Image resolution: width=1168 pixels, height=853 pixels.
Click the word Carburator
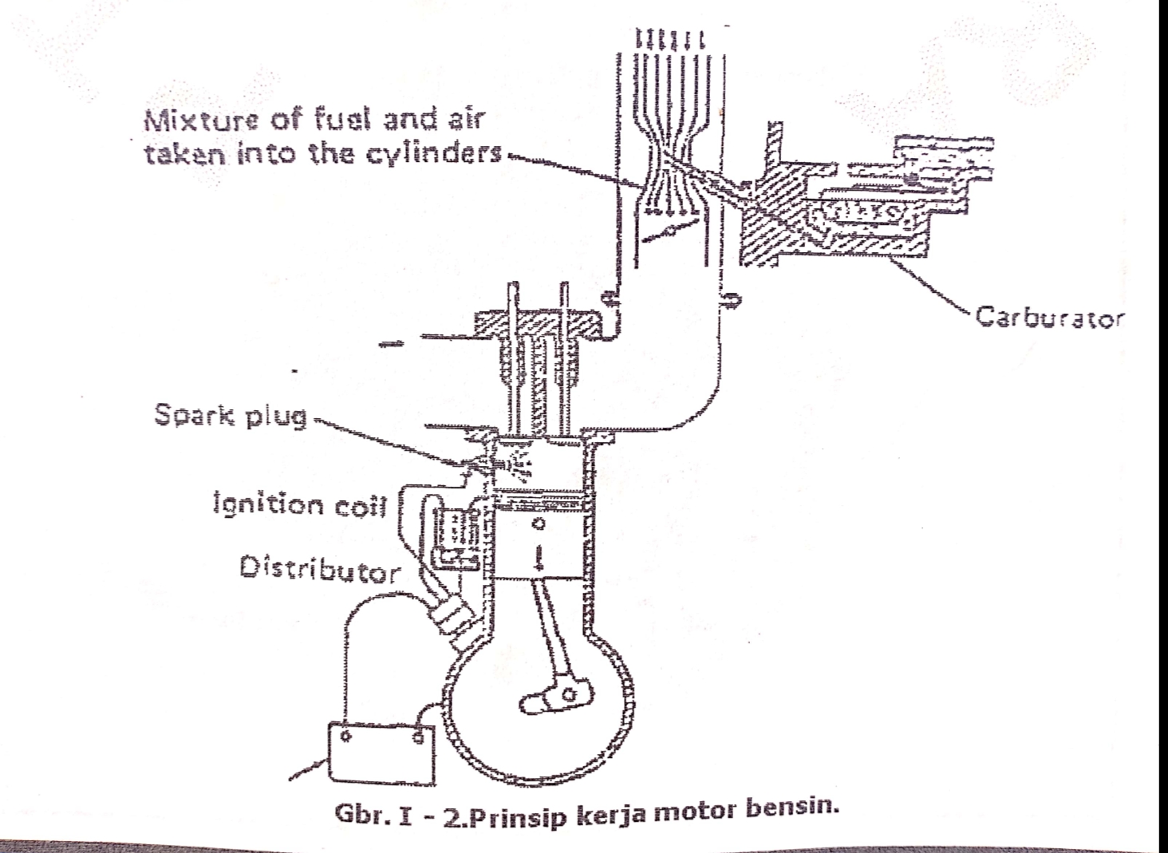[1051, 318]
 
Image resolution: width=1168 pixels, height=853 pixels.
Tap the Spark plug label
[231, 416]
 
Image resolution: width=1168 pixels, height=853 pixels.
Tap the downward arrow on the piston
[539, 557]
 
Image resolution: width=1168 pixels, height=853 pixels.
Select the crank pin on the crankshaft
[568, 696]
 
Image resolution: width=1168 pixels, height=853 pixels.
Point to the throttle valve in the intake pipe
[667, 233]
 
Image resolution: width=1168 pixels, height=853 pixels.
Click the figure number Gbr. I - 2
[393, 821]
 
